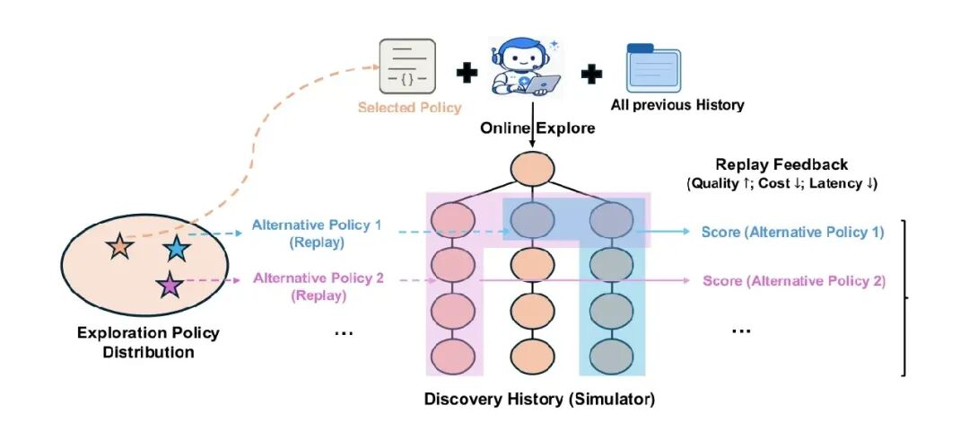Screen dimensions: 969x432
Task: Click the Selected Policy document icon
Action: (x=407, y=66)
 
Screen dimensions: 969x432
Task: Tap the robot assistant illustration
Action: (x=525, y=66)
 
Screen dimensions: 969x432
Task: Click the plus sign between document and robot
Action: (x=467, y=73)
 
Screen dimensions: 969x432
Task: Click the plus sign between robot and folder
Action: (x=591, y=74)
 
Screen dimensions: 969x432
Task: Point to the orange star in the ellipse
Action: (x=119, y=246)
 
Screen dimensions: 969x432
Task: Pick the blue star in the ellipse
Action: (x=177, y=248)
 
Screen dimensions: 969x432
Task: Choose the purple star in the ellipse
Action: (x=170, y=286)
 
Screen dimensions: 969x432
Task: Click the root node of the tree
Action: (x=532, y=168)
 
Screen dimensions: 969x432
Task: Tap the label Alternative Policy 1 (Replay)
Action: (x=317, y=234)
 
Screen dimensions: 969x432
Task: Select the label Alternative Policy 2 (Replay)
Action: (x=318, y=287)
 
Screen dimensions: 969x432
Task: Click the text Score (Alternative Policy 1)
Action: (x=793, y=232)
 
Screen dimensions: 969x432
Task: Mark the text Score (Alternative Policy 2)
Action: (x=794, y=281)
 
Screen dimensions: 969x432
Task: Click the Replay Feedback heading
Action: (x=781, y=164)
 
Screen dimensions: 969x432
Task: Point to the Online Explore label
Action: (x=537, y=128)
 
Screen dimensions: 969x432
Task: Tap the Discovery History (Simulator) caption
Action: (x=539, y=399)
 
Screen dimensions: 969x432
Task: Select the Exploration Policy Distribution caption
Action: (x=148, y=342)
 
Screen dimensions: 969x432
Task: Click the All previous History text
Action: (x=677, y=104)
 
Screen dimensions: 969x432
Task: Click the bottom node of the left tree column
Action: (x=454, y=356)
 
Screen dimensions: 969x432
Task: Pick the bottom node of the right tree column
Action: (x=611, y=356)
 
